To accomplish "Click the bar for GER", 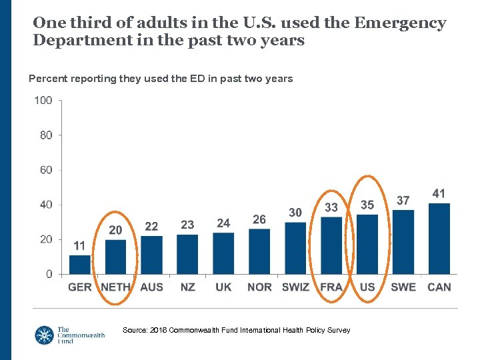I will tap(79, 265).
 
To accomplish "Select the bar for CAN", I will tap(439, 239).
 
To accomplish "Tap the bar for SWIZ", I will tap(295, 248).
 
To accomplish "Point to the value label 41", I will tap(439, 193).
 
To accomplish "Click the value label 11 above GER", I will tap(79, 246).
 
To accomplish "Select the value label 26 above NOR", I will tap(259, 219).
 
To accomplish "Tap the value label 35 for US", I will tap(367, 205).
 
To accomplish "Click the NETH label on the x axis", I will tap(115, 287).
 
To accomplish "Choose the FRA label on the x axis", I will tap(331, 287).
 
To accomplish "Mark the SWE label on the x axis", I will tap(403, 287).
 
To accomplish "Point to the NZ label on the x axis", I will tap(187, 287).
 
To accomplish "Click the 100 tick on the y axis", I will tap(43, 101).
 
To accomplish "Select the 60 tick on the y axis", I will tap(46, 170).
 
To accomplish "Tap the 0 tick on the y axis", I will tap(49, 274).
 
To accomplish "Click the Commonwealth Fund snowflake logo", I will tap(44, 335).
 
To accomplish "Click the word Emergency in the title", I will tap(400, 23).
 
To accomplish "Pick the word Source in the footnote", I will tap(135, 330).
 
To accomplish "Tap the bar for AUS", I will tap(151, 255).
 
